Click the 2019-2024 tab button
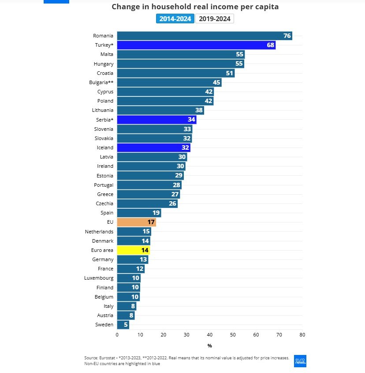click(214, 18)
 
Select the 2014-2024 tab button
click(175, 18)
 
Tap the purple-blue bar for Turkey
click(196, 45)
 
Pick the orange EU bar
click(136, 222)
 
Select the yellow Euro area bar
click(133, 250)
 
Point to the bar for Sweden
click(123, 325)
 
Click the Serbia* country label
click(104, 119)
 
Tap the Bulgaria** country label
click(101, 82)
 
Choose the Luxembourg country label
click(99, 278)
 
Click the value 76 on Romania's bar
click(287, 36)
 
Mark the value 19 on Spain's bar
click(156, 213)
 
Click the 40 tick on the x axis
click(209, 335)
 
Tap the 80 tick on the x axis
click(302, 335)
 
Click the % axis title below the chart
click(209, 346)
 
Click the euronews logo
click(300, 360)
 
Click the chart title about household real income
click(195, 7)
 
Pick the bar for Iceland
click(153, 148)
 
